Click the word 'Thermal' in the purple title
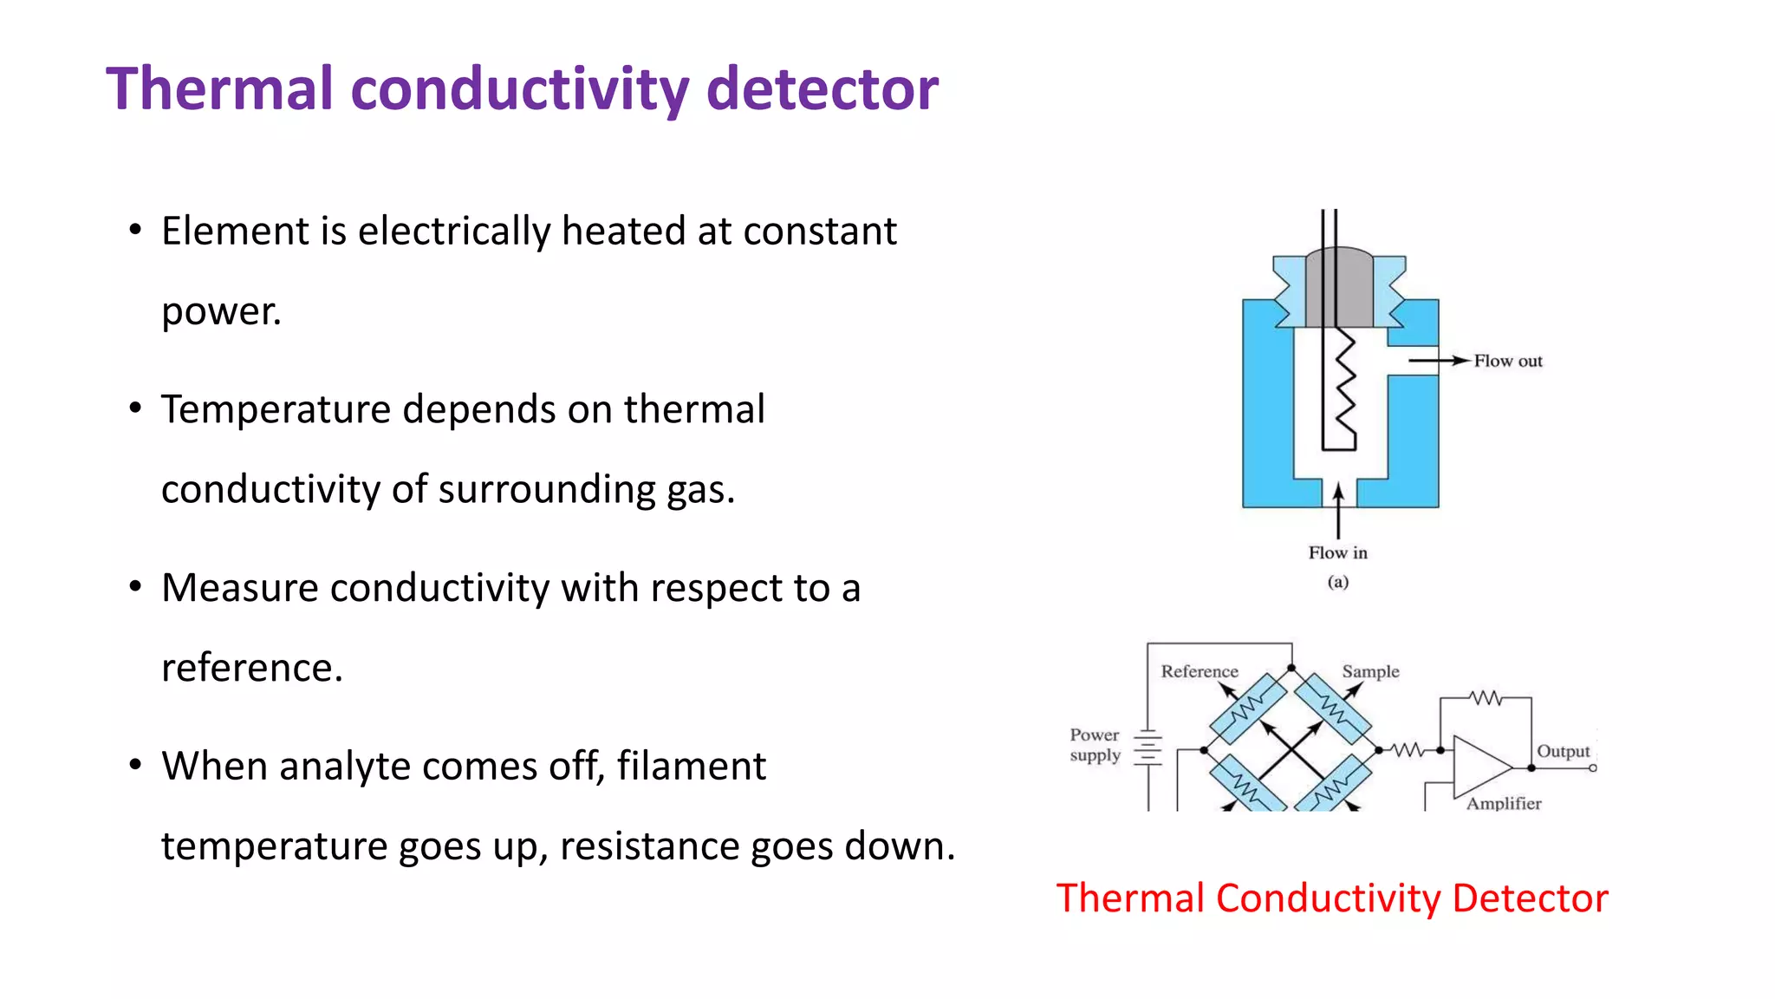click(219, 89)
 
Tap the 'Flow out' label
click(1508, 361)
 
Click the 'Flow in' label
click(1337, 552)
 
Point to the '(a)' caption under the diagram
click(1337, 582)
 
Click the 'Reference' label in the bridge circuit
click(1200, 671)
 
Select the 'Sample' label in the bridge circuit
click(1370, 671)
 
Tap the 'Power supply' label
click(1095, 745)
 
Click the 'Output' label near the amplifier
click(1563, 751)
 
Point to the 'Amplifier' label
click(1504, 803)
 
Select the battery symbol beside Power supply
click(1148, 748)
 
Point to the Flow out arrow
click(1439, 360)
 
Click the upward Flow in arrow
click(1338, 512)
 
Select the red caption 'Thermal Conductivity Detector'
click(1332, 898)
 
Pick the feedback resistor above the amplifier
click(1486, 697)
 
